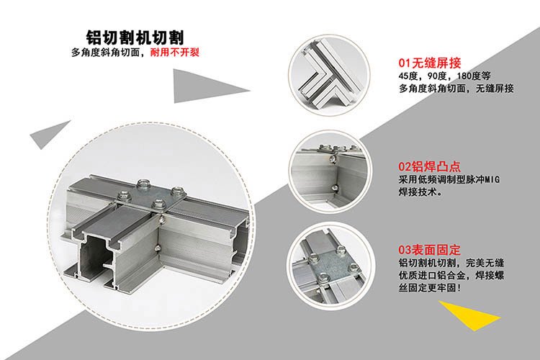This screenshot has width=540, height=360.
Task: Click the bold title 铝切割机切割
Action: pos(135,37)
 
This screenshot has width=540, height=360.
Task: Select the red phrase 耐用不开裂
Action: pos(175,53)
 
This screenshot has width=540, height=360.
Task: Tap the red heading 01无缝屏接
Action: pos(429,63)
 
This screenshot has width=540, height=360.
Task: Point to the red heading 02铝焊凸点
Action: pos(429,166)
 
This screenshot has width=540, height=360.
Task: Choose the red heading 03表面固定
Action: pos(429,249)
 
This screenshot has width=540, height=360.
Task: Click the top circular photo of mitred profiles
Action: pos(329,74)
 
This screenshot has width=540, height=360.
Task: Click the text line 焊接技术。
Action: pos(421,192)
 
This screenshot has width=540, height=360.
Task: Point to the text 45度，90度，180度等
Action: pos(445,76)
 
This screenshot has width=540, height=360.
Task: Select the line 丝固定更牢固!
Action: pos(429,288)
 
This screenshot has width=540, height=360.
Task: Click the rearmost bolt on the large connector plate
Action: pos(143,184)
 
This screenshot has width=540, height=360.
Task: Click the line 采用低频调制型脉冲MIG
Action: pos(449,179)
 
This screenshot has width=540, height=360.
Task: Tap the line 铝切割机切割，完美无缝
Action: pos(451,264)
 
